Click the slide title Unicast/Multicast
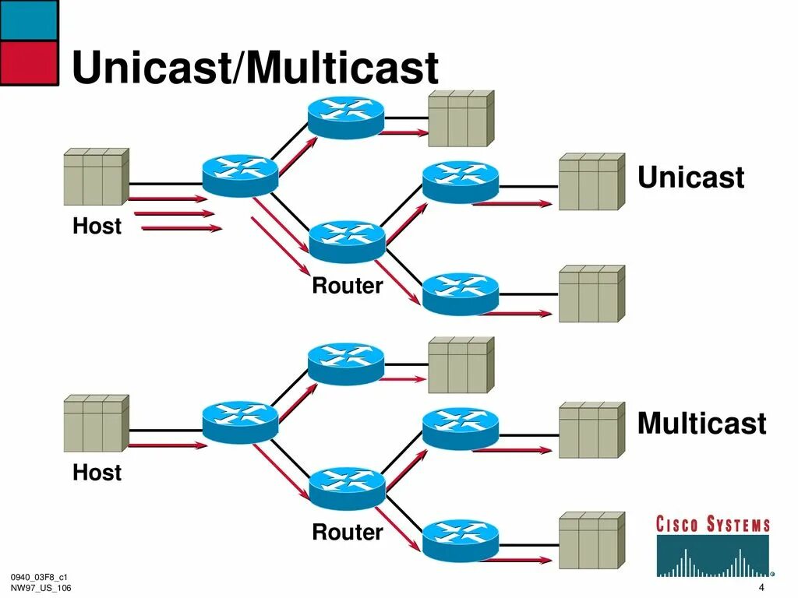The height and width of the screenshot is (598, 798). tap(255, 67)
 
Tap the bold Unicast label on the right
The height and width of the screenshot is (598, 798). tap(690, 177)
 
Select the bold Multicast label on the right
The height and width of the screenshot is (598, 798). tap(702, 423)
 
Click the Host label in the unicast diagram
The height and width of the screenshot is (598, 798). tap(97, 226)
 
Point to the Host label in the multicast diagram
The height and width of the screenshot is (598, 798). tap(97, 473)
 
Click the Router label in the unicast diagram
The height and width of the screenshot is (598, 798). tap(347, 285)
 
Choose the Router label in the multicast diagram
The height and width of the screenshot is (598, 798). tap(347, 532)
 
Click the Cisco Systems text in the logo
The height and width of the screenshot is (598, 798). tap(712, 524)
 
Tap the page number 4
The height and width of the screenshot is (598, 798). tap(761, 587)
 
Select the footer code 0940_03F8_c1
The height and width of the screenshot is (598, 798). tap(39, 577)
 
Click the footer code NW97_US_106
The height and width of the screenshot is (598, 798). tap(41, 588)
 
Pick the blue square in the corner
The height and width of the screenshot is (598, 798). tap(29, 20)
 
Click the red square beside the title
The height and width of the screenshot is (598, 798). tap(29, 63)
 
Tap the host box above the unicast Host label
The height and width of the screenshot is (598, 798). tap(96, 177)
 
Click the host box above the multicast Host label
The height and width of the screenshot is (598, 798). tap(96, 424)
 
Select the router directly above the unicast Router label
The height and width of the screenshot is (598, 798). tap(347, 241)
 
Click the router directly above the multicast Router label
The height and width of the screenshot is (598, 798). tap(347, 489)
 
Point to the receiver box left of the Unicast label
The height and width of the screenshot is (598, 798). tap(592, 181)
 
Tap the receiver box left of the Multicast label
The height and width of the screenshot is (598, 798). tap(592, 430)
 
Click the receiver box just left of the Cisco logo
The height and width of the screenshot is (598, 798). tap(592, 540)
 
